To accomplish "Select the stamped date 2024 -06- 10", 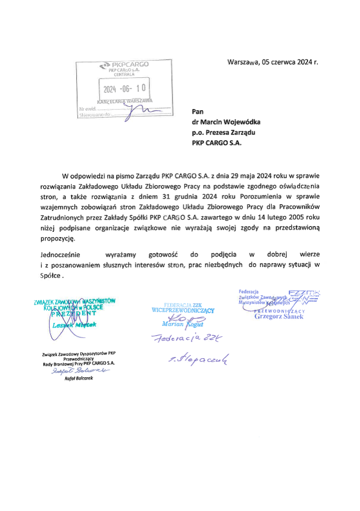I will click(x=123, y=89).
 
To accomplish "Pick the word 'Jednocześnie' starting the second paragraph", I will click(x=61, y=254).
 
